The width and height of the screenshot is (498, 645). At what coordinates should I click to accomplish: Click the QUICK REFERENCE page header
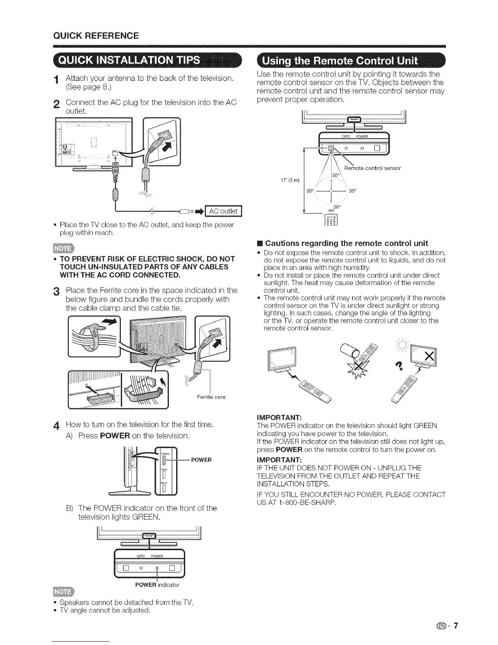(x=96, y=35)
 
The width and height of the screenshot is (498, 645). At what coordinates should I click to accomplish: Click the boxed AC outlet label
(x=223, y=211)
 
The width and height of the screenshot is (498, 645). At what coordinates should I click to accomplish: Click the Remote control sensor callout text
(x=372, y=168)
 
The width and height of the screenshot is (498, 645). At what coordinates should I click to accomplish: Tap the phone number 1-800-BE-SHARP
(x=301, y=503)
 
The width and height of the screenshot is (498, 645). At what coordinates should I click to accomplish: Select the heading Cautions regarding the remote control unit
(x=346, y=243)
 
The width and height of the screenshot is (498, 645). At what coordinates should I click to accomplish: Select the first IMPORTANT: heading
(x=279, y=417)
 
